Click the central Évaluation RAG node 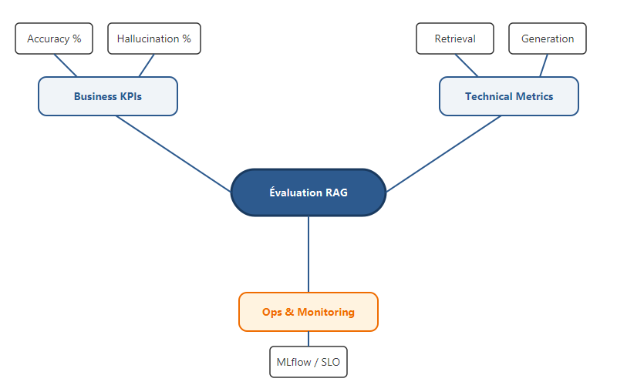pos(308,192)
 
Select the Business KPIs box pos(108,96)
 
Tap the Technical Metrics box pos(509,96)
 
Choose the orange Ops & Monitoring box pos(308,312)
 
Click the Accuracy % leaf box pos(54,38)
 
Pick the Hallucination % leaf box pos(154,38)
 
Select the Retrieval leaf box pos(455,38)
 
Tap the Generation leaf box pos(548,38)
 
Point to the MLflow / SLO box pos(308,361)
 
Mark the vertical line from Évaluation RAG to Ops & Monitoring pos(308,254)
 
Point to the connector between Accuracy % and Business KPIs pos(66,65)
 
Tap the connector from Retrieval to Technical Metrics pos(467,65)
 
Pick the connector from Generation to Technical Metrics pos(543,65)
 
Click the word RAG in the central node pos(335,192)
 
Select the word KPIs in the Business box pos(129,96)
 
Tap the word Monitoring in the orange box pos(325,312)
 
